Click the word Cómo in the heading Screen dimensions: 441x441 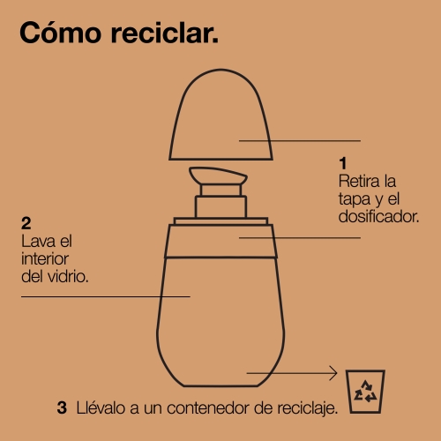[x=61, y=33]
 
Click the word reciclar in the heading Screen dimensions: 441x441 [x=165, y=33]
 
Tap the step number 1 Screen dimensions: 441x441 [x=343, y=163]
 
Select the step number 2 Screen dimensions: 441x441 [x=26, y=223]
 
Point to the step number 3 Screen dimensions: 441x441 [x=62, y=407]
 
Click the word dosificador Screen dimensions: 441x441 [x=378, y=217]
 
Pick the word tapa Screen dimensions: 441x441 [x=355, y=200]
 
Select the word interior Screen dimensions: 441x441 [x=45, y=259]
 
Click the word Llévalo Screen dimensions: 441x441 [x=101, y=408]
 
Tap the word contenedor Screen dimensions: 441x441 [x=208, y=408]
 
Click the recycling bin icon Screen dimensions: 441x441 [x=365, y=392]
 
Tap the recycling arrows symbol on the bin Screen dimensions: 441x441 [x=365, y=392]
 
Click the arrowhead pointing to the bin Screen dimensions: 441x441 [x=333, y=373]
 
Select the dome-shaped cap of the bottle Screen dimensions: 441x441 [x=220, y=115]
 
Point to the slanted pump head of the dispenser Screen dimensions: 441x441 [x=218, y=176]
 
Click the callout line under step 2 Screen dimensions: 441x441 [x=106, y=296]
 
